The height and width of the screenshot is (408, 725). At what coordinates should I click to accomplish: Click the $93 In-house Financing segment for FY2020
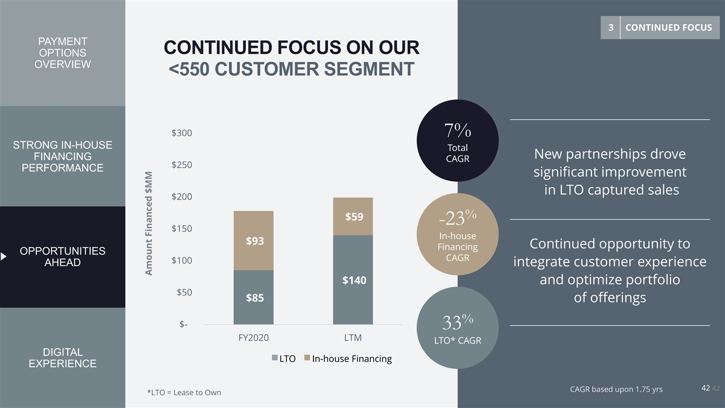coord(254,241)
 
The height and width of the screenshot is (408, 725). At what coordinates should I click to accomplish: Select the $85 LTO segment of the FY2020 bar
coord(254,297)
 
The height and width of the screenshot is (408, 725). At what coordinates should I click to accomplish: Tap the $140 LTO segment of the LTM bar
coord(353,280)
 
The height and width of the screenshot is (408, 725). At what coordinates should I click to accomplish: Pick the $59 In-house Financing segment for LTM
coord(353,216)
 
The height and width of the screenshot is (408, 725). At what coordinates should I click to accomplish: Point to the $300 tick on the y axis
coord(181,133)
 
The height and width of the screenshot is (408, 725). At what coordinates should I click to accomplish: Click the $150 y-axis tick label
coord(181,228)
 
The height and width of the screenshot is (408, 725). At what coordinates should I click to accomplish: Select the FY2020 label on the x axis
coord(253,337)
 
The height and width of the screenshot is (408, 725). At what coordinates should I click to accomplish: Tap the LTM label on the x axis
coord(353,337)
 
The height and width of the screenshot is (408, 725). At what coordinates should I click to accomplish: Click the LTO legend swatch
coord(275,358)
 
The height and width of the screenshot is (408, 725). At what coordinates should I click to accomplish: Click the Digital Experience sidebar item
coord(62,358)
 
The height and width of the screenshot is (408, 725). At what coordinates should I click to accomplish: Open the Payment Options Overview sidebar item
coord(62,53)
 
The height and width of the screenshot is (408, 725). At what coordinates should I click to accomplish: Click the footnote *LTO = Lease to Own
coord(184,393)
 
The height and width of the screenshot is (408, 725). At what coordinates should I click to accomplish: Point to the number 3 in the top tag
coord(611,27)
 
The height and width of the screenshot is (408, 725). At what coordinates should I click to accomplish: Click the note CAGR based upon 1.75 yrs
coord(616,389)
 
